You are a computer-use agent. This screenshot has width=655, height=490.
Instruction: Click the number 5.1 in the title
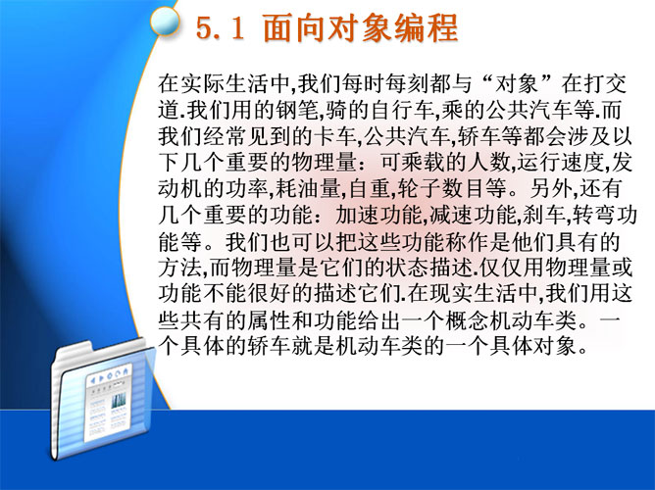coord(221,28)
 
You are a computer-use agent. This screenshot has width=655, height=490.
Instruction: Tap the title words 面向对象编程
coord(361,27)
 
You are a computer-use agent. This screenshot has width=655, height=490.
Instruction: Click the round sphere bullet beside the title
coord(165,22)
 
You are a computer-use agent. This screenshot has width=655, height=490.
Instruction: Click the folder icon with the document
coord(102,400)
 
